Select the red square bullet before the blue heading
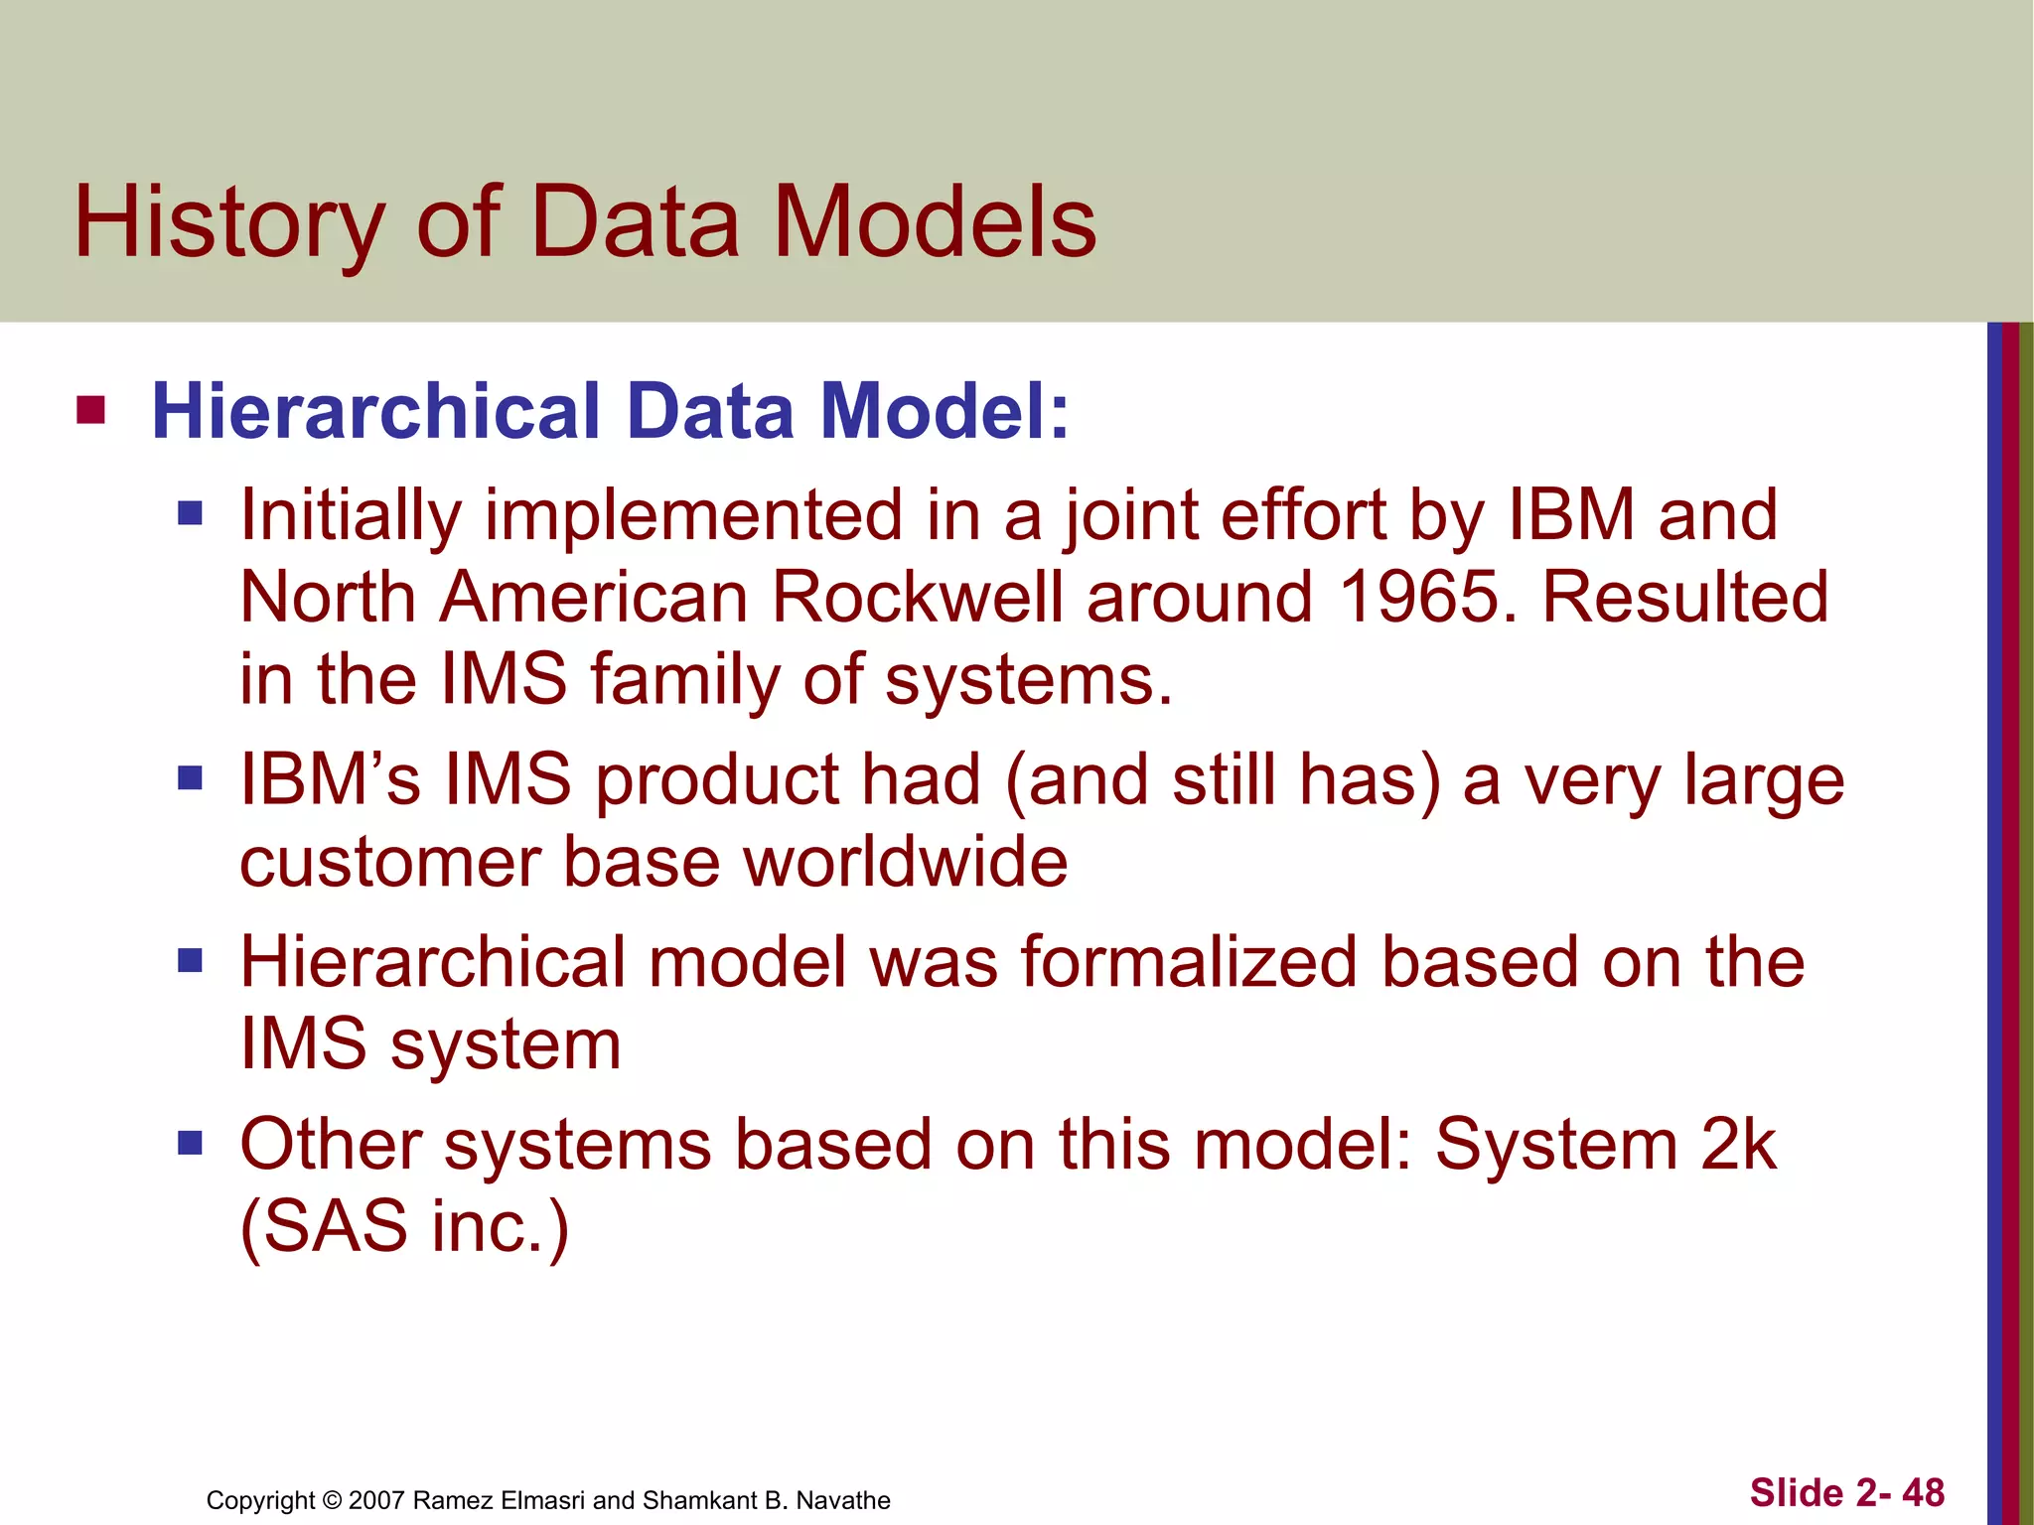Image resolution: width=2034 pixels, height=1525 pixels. coord(90,409)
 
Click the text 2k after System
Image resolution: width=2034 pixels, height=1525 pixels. coord(1737,1144)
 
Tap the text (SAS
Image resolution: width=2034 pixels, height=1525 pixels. coord(323,1226)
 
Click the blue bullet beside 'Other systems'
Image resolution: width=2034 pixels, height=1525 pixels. coord(190,1143)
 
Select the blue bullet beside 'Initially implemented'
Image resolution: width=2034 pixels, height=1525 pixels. coord(190,513)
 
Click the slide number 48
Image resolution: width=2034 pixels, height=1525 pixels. coord(1923,1492)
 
